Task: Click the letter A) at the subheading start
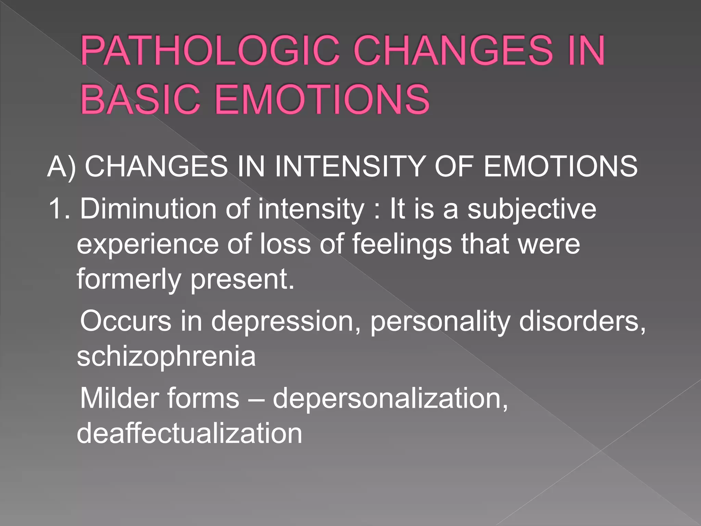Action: (62, 167)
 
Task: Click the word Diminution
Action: (148, 209)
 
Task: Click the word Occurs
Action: (125, 321)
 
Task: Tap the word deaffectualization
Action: (189, 434)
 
